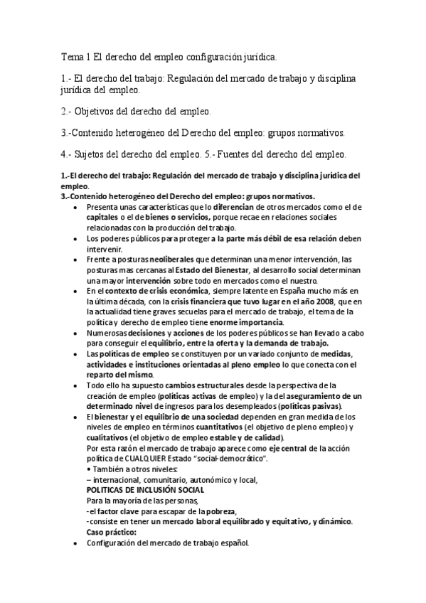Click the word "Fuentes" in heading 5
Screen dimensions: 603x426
pyautogui.click(x=252, y=153)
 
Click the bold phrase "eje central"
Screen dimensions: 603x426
pyautogui.click(x=287, y=449)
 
